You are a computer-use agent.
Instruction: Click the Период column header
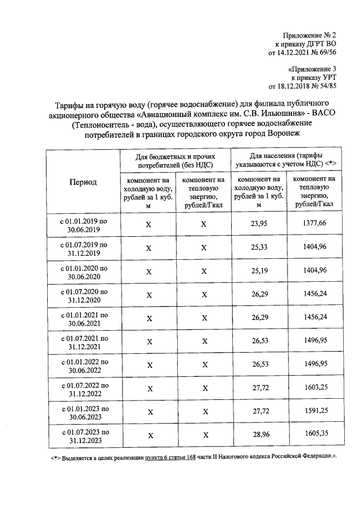[x=83, y=182]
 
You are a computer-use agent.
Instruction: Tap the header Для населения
[x=286, y=159]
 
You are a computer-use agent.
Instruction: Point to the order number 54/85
[x=326, y=86]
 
